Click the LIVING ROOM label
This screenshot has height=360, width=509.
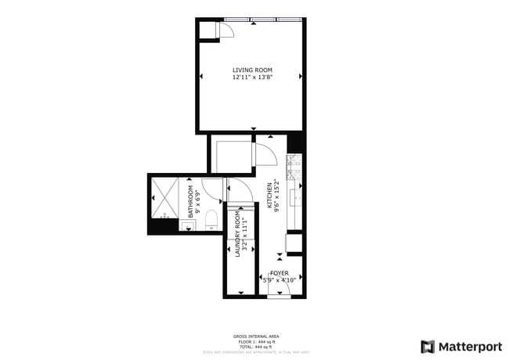(252, 70)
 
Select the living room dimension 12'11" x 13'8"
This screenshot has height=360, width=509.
(252, 77)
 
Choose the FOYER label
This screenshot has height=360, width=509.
(280, 273)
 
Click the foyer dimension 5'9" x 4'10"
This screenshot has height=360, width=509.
(280, 280)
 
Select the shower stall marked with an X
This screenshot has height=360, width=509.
(164, 196)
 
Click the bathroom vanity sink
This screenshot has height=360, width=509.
(188, 227)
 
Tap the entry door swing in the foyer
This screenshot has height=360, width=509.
(280, 291)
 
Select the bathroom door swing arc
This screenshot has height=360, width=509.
(236, 189)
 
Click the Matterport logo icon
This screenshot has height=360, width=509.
(428, 346)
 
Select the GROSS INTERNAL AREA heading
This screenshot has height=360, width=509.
(256, 337)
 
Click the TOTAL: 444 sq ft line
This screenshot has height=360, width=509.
(256, 347)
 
